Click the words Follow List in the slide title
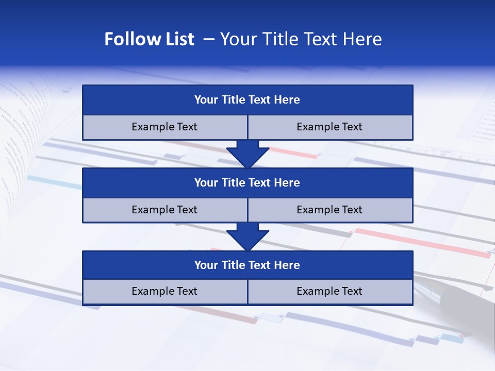[x=149, y=39]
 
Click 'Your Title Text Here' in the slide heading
[x=301, y=39]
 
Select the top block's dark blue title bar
[x=247, y=100]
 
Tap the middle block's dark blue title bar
[x=247, y=183]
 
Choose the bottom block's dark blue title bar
[x=247, y=265]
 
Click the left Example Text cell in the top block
[x=164, y=127]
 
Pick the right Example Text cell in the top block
[x=330, y=127]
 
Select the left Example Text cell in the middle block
[x=164, y=210]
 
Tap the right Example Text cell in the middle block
[x=330, y=210]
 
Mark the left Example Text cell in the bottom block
[x=164, y=292]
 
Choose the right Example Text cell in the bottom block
[x=330, y=292]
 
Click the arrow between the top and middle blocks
[x=247, y=154]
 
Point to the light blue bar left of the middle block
[x=54, y=182]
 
